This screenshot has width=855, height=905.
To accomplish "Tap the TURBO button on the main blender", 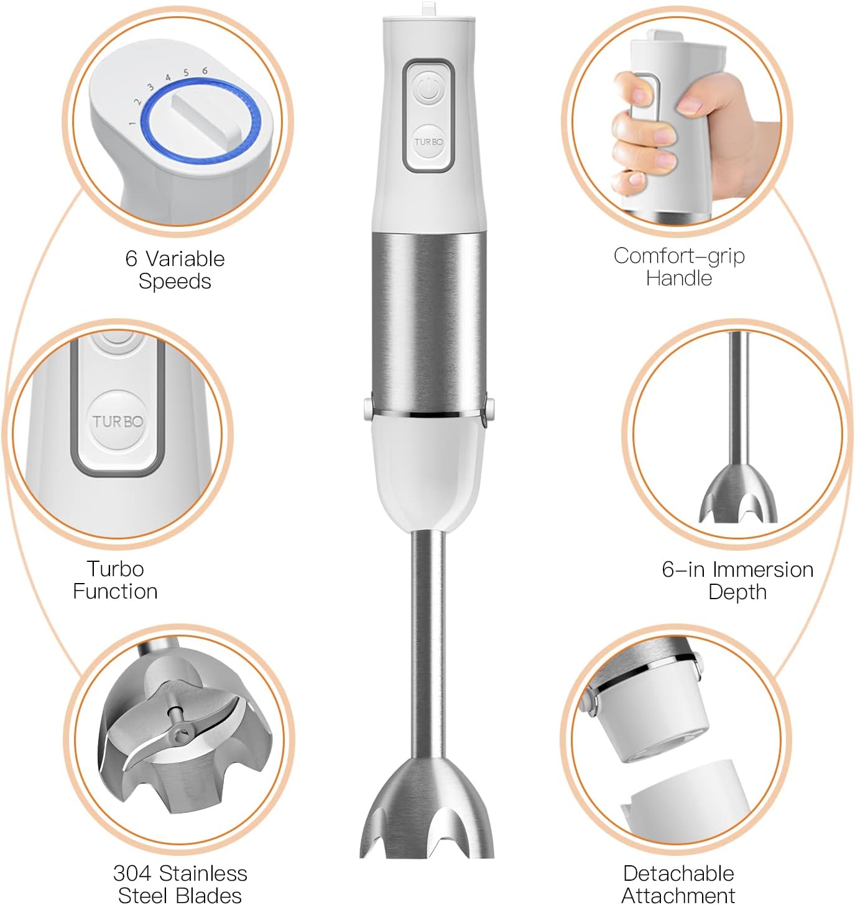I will click(x=428, y=142).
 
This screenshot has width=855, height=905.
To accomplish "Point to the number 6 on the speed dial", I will click(x=205, y=71).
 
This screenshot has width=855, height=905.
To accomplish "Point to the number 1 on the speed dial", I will click(x=132, y=123).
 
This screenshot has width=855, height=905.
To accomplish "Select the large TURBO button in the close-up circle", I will click(x=118, y=421).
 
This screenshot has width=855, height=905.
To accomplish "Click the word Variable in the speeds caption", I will click(x=185, y=259).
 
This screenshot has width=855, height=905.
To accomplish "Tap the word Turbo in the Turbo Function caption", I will click(x=116, y=569).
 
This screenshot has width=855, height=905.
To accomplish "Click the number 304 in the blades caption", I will click(x=132, y=873).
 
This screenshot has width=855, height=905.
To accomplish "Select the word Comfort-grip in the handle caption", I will click(x=679, y=255).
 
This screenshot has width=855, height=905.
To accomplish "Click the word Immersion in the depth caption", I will click(x=762, y=569).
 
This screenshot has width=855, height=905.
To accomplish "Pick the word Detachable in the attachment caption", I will click(x=678, y=873).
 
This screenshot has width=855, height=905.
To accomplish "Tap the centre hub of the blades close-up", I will click(x=180, y=733).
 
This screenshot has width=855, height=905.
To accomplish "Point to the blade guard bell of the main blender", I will click(x=427, y=808).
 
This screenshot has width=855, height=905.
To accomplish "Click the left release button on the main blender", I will click(x=367, y=408).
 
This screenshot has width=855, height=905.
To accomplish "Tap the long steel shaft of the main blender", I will click(x=428, y=640).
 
